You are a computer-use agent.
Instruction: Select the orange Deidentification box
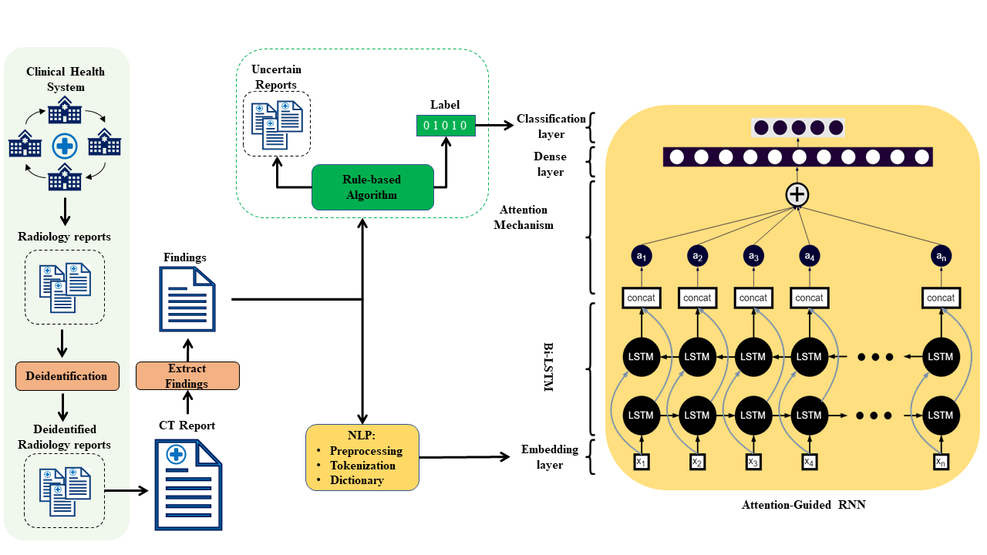(x=67, y=376)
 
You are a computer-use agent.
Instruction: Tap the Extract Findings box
(x=187, y=375)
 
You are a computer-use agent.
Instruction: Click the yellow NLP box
(x=362, y=457)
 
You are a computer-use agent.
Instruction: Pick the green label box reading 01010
(x=446, y=125)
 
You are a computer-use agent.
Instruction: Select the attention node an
(x=940, y=256)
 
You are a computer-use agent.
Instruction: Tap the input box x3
(x=753, y=461)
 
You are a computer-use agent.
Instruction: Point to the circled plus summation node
(x=797, y=195)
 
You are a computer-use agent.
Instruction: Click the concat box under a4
(x=809, y=298)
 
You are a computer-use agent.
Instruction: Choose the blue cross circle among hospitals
(x=64, y=145)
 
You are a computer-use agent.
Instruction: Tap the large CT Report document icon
(x=189, y=485)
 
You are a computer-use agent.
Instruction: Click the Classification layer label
(x=551, y=126)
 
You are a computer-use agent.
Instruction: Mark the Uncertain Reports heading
(x=274, y=77)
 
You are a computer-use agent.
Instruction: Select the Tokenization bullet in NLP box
(x=362, y=466)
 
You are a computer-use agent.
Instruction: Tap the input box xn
(x=941, y=461)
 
